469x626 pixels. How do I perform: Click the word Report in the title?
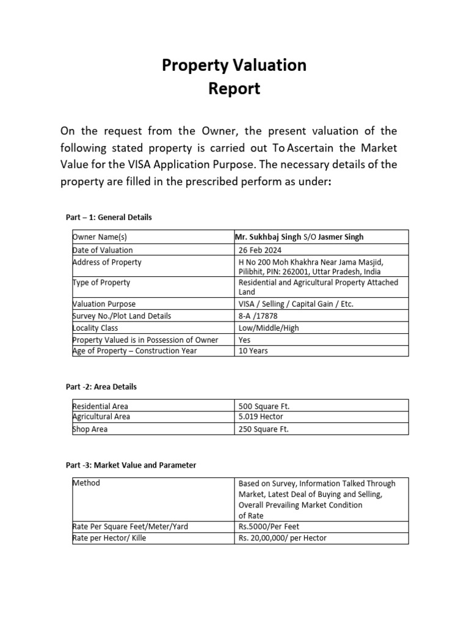pos(234,89)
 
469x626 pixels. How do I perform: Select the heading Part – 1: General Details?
pos(109,217)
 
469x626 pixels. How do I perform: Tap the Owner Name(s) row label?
pos(100,237)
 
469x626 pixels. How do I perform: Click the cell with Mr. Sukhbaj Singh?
pos(268,237)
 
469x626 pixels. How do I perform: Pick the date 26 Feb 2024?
pos(260,250)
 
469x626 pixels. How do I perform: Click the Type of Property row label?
pos(101,282)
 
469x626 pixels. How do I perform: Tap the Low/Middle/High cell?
pos(269,328)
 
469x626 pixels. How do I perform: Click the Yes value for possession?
pos(244,339)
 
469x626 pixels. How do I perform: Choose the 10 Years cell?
pos(253,351)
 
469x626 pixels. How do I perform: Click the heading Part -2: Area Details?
pos(101,387)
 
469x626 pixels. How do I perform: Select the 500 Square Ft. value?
pos(264,406)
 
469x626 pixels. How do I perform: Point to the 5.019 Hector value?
pos(262,417)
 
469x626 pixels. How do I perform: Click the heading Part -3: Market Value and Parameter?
pos(131,465)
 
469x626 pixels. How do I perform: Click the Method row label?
pos(86,483)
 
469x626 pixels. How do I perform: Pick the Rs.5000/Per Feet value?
pos(269,526)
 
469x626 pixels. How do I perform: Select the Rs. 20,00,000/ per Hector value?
pos(283,538)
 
